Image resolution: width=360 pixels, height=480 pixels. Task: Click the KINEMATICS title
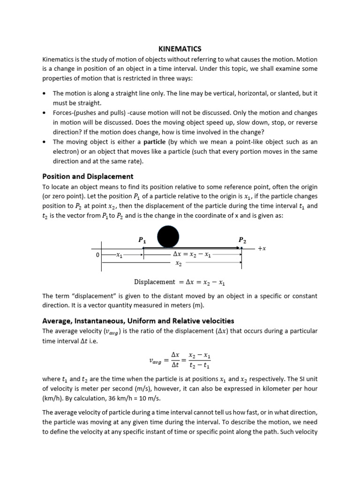180,49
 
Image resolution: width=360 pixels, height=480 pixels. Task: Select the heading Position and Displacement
88,176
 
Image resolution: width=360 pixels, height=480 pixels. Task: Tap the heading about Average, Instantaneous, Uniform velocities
138,321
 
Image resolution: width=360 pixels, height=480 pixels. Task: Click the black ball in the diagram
168,236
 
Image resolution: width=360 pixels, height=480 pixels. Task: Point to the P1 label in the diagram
142,240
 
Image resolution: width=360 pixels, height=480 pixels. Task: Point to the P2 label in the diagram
242,240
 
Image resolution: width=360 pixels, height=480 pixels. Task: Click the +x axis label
262,248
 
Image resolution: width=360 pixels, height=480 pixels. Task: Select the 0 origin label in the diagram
97,255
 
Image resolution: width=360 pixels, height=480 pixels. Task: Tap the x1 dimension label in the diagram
119,255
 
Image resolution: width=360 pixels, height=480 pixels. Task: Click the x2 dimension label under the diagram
178,263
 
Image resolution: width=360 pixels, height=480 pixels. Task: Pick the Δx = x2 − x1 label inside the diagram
192,255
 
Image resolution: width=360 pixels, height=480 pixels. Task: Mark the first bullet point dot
44,94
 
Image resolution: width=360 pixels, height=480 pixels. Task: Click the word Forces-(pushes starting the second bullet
75,113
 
